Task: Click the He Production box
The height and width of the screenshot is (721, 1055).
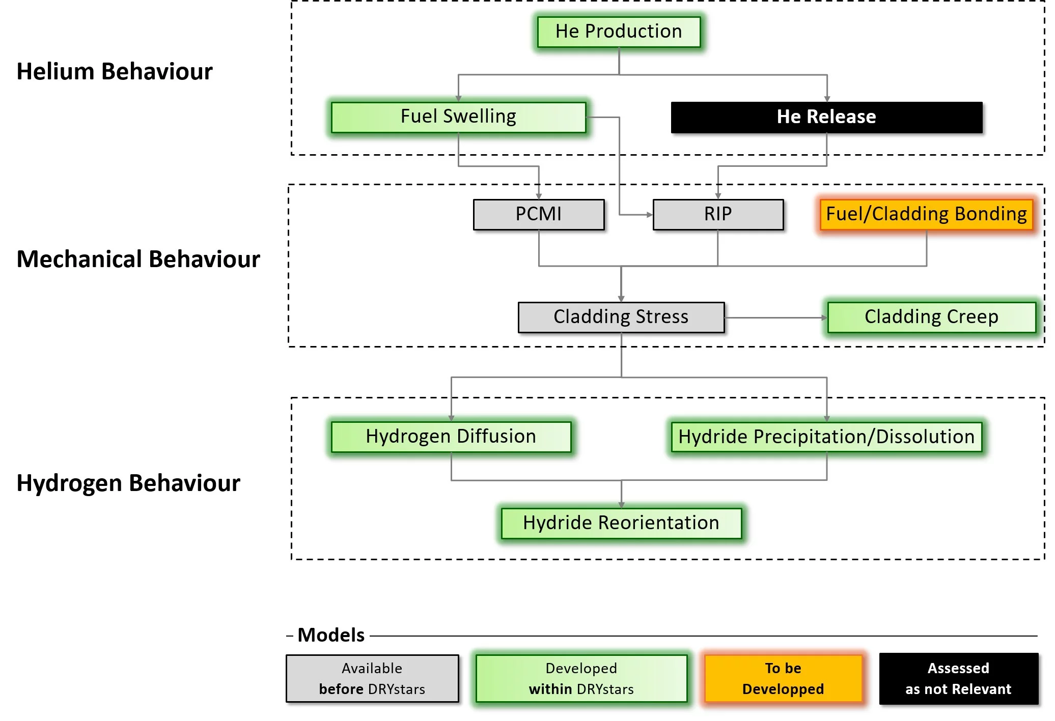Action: point(619,32)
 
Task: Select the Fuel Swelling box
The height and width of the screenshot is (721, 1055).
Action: point(458,117)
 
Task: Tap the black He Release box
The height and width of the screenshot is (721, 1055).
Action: point(826,117)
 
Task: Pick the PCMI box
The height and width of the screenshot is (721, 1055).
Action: point(539,214)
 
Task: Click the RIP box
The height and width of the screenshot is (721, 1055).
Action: point(718,214)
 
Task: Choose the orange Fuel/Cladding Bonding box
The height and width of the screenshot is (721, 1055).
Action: point(926,214)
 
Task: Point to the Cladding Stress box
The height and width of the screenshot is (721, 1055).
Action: point(621,317)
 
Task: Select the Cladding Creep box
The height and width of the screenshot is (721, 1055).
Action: point(931,317)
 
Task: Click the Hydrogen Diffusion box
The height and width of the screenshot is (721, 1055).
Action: point(451,437)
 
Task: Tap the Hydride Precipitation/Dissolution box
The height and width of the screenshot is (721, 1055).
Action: point(826,437)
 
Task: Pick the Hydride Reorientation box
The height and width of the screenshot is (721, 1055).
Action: point(621,523)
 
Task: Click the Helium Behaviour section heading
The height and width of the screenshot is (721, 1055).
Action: point(115,71)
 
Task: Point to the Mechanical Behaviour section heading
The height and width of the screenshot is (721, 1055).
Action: point(138,259)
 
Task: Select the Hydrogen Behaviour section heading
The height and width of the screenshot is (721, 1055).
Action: point(128,483)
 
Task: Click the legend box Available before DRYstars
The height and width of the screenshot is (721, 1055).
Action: point(372,678)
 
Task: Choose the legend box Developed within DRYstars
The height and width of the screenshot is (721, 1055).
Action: point(581,678)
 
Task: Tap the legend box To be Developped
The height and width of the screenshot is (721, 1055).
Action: point(783,678)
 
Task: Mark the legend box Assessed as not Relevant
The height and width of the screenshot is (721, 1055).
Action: point(958,678)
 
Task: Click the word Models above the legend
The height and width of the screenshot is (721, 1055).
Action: point(331,635)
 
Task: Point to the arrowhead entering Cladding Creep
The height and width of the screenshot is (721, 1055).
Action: point(824,318)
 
